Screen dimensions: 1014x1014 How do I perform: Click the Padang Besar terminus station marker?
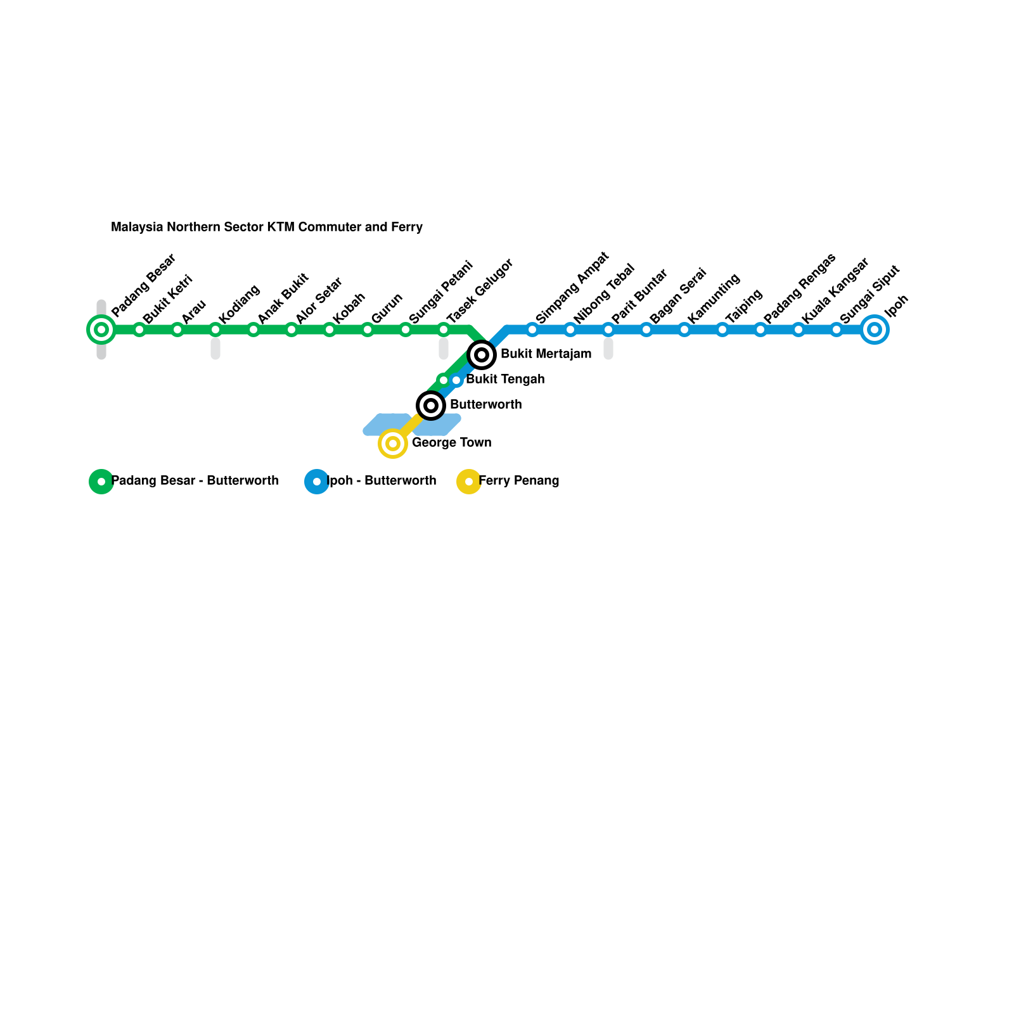[x=101, y=330]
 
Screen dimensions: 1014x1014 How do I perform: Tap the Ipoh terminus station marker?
[x=875, y=330]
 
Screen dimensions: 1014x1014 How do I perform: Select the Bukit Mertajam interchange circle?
[x=482, y=355]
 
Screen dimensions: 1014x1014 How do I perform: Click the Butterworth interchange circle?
[x=431, y=406]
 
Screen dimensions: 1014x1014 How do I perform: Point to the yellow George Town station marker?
[x=393, y=444]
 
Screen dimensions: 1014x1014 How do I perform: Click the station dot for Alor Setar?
[x=292, y=330]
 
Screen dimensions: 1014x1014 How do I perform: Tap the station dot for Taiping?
[x=722, y=330]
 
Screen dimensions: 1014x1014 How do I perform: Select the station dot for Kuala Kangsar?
[x=799, y=330]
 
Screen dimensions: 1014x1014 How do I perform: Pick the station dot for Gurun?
[x=368, y=330]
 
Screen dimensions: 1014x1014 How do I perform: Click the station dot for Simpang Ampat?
[x=532, y=330]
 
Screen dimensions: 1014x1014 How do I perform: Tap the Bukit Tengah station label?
[x=505, y=380]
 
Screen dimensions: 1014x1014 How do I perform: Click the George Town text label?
[x=451, y=443]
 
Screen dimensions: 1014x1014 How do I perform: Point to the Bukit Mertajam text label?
[x=546, y=354]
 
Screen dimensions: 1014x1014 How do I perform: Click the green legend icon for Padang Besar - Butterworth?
[x=101, y=482]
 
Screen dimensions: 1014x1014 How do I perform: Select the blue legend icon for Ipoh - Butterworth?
[x=317, y=482]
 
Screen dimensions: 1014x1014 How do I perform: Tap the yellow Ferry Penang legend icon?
[x=469, y=482]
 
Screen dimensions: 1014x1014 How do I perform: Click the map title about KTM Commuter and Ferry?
[x=267, y=227]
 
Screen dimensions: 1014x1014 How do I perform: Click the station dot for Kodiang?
[x=215, y=330]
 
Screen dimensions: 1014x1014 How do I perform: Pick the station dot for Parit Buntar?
[x=608, y=330]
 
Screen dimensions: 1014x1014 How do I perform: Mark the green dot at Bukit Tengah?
[x=444, y=380]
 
